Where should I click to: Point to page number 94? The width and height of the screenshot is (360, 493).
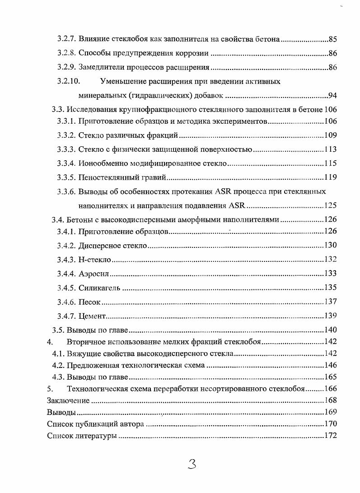[333, 96]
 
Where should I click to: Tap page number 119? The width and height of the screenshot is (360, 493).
[331, 177]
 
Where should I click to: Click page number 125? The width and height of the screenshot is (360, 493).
[331, 206]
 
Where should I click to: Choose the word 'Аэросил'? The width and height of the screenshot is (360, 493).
[94, 274]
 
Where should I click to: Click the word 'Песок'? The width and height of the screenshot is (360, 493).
[89, 302]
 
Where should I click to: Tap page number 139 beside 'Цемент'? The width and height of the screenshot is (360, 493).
[331, 315]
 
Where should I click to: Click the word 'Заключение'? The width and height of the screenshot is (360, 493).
[68, 400]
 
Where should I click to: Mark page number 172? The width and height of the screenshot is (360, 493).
[331, 436]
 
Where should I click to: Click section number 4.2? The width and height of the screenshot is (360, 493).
[58, 365]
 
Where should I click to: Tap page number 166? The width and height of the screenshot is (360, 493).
[331, 388]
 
